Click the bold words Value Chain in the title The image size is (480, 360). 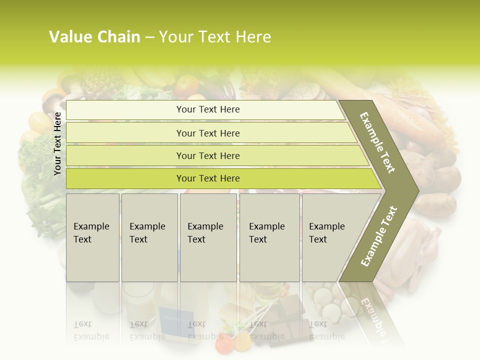pos(94,37)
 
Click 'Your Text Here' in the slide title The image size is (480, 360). pos(215,37)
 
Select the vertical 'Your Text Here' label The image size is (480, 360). pos(57,143)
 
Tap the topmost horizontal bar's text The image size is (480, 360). pos(208,109)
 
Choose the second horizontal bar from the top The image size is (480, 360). pos(208,133)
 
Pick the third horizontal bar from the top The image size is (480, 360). pos(208,155)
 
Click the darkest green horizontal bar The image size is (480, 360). pos(208,178)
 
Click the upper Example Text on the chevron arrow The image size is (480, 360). pos(377,142)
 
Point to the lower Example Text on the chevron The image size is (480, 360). pos(378,236)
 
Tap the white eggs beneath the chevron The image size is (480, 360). pos(327,305)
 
